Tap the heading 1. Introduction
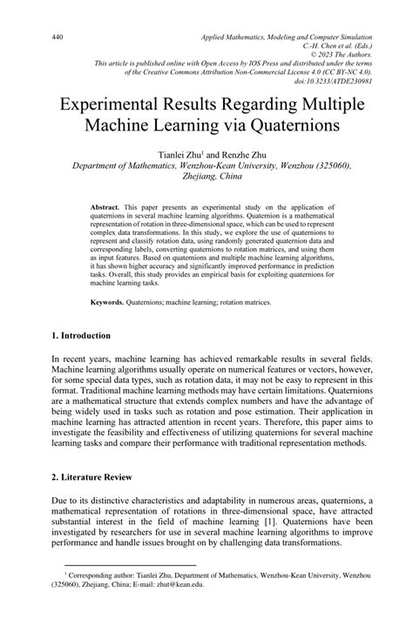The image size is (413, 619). (x=81, y=335)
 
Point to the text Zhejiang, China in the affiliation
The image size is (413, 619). (x=206, y=176)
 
